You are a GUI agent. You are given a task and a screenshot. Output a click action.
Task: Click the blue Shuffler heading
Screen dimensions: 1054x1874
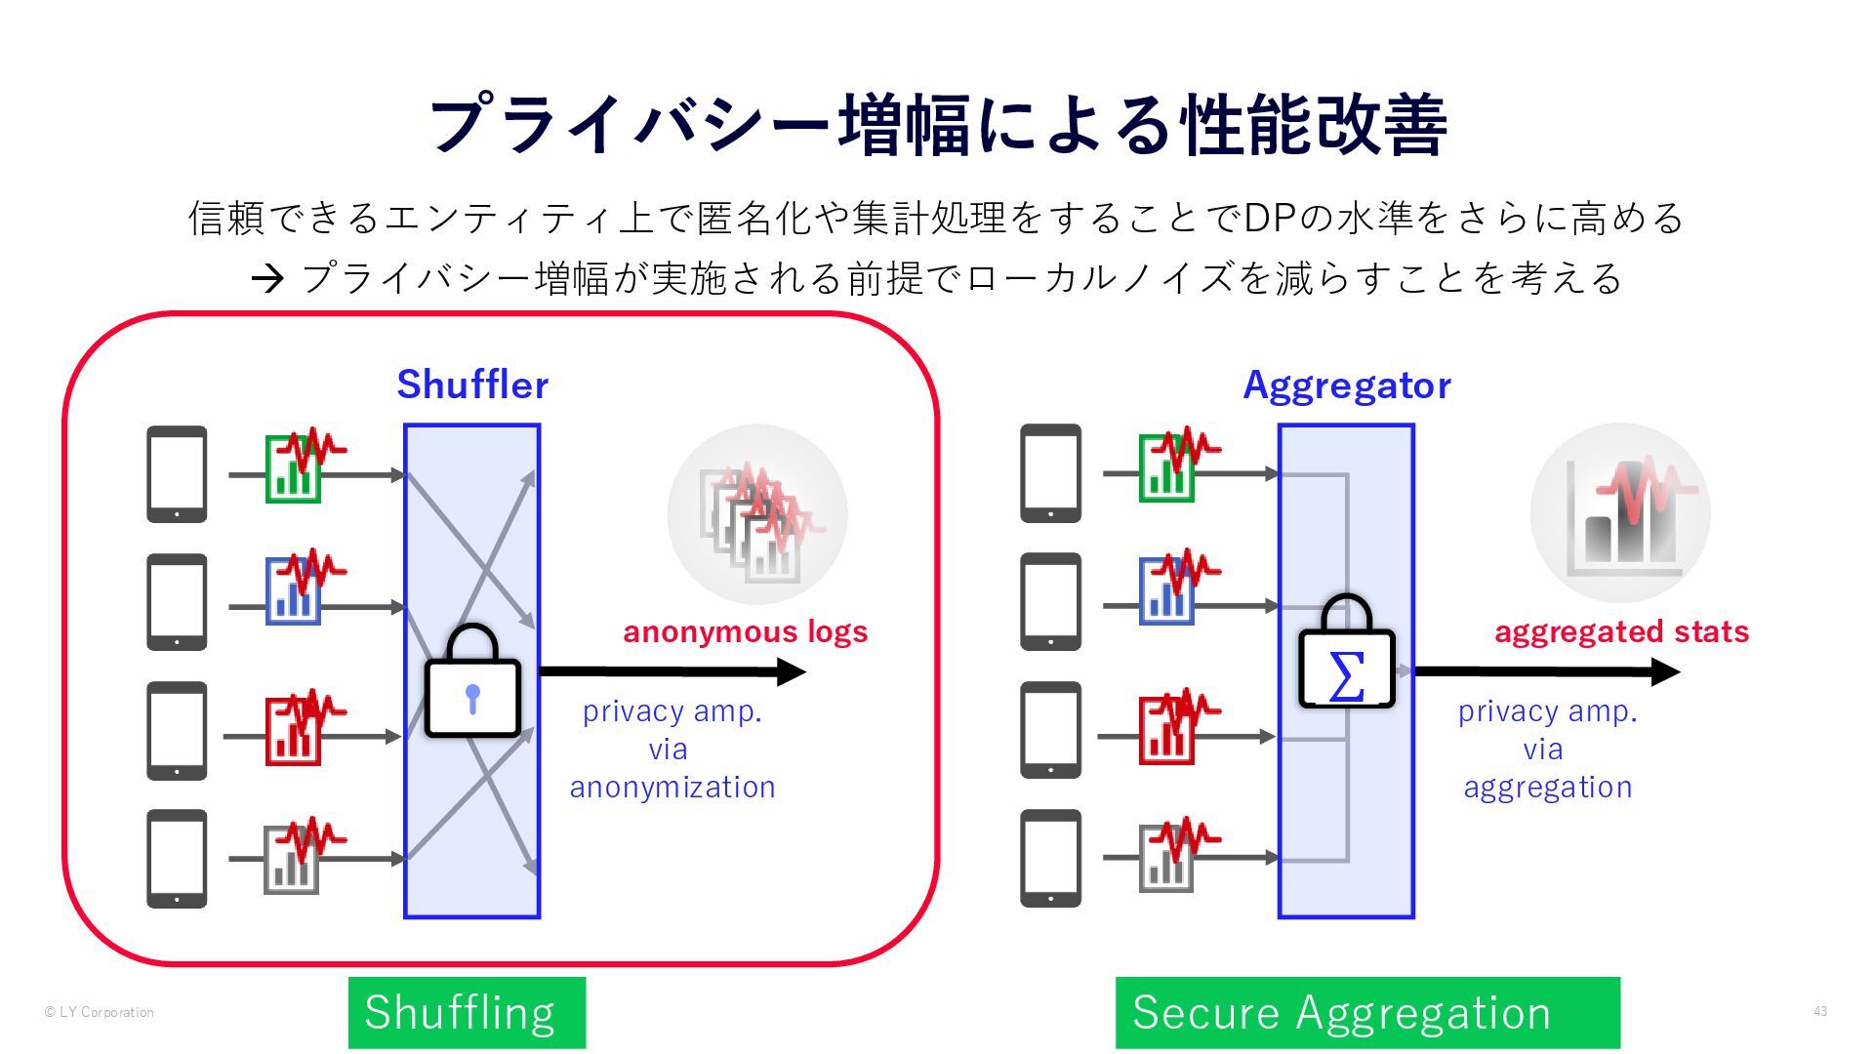tap(472, 385)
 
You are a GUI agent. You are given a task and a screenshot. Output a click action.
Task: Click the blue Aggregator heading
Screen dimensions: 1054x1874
tap(1346, 385)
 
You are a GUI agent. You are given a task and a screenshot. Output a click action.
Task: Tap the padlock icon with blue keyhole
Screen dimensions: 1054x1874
tap(472, 683)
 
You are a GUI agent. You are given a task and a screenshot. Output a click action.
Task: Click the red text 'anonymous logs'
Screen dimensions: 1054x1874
tap(745, 632)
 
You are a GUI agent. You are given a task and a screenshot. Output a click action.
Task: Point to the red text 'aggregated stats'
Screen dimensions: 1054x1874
tap(1621, 632)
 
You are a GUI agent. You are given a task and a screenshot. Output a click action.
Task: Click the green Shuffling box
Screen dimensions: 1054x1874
tap(467, 1013)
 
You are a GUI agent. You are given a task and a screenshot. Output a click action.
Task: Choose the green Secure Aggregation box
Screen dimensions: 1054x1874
tap(1367, 1013)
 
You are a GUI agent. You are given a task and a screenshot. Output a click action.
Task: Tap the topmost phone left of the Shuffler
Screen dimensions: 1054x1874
tap(177, 474)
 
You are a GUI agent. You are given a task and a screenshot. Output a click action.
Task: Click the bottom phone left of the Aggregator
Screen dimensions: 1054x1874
tap(1050, 858)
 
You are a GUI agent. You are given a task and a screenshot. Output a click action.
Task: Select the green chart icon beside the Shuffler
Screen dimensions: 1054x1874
tap(294, 469)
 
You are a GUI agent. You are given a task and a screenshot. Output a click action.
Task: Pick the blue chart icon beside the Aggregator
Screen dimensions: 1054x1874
tap(1167, 591)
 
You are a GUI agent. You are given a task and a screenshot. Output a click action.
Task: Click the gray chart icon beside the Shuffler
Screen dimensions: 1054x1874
tap(292, 860)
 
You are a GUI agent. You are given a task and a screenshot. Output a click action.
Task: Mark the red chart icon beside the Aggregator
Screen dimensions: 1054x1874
tap(1167, 730)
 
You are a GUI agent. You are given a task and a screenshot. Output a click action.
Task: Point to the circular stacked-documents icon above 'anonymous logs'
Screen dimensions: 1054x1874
tap(757, 514)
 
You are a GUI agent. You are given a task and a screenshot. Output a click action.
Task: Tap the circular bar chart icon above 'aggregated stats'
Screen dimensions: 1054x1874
tap(1620, 513)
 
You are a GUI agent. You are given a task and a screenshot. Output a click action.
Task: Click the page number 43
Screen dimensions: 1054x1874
tap(1820, 1011)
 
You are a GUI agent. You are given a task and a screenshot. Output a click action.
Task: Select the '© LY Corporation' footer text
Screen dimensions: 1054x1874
tap(100, 1012)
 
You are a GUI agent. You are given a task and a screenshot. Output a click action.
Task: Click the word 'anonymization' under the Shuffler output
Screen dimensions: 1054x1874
tap(672, 787)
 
